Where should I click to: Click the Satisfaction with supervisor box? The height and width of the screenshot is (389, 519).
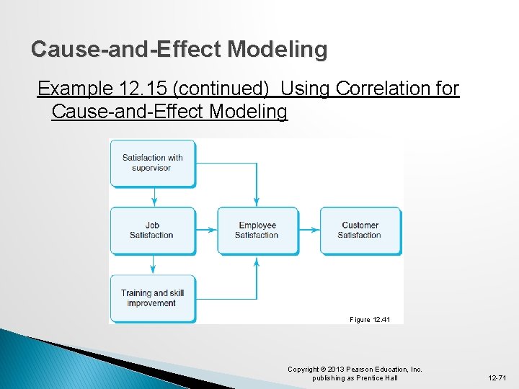[x=152, y=163]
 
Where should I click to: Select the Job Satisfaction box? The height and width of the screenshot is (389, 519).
[x=152, y=231]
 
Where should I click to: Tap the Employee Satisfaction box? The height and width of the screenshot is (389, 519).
[x=257, y=231]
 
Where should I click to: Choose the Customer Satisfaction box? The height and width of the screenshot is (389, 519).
[x=360, y=231]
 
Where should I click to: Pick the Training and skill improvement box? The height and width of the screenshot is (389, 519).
[x=152, y=298]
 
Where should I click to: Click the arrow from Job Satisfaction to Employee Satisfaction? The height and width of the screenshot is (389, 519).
[x=206, y=231]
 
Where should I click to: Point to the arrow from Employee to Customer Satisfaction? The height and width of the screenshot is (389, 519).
[x=309, y=231]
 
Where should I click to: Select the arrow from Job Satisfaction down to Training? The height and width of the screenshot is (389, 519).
[x=154, y=265]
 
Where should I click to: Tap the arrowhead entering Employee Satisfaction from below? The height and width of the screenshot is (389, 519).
[x=257, y=260]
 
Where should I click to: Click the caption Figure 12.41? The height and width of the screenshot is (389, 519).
[x=370, y=319]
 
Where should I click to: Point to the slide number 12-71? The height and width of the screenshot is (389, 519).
[x=497, y=378]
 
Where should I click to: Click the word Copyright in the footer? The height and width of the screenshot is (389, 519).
[x=303, y=370]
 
